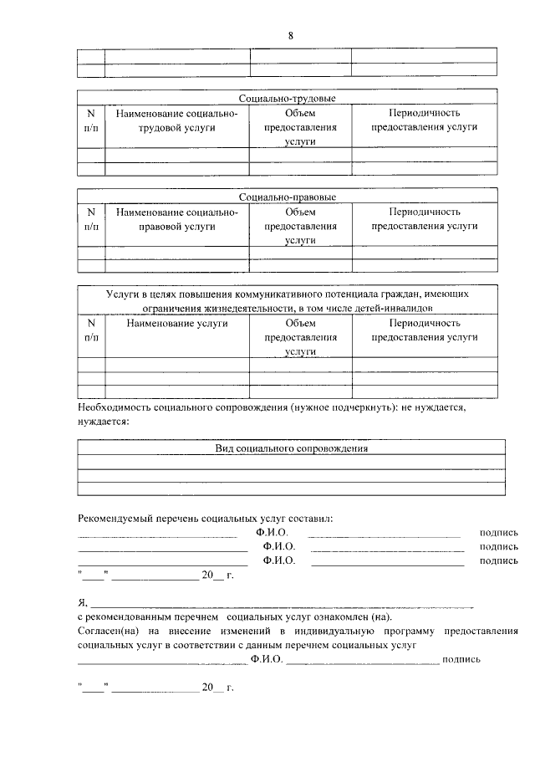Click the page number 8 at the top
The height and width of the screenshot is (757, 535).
[290, 35]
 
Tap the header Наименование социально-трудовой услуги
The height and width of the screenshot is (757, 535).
[176, 120]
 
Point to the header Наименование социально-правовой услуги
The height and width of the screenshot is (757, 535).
[176, 219]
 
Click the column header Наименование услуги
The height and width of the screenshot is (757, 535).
[176, 323]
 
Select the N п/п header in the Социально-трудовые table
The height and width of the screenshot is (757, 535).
[90, 120]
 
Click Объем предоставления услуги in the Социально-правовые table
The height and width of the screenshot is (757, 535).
[300, 226]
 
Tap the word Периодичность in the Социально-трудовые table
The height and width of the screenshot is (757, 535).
[425, 113]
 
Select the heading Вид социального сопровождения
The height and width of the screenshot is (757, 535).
[291, 449]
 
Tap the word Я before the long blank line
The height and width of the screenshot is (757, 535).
[81, 602]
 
